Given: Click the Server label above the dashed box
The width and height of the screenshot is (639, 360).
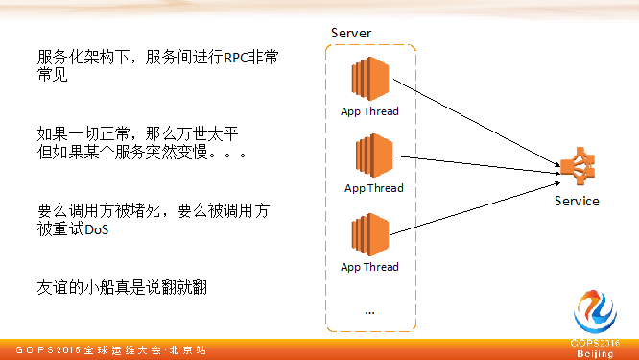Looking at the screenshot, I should [x=350, y=33].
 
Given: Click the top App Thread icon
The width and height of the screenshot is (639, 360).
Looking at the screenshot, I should [x=369, y=79].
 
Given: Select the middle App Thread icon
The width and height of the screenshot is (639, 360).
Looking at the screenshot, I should [x=373, y=155].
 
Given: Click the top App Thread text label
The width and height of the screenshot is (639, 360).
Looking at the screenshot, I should [x=369, y=110].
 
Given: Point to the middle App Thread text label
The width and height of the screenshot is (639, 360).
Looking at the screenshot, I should [x=373, y=187].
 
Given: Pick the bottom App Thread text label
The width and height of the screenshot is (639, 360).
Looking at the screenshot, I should [x=369, y=266].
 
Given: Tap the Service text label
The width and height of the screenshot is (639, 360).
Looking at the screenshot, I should [x=577, y=202].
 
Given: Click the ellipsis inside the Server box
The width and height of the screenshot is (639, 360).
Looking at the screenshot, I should [x=370, y=311].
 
